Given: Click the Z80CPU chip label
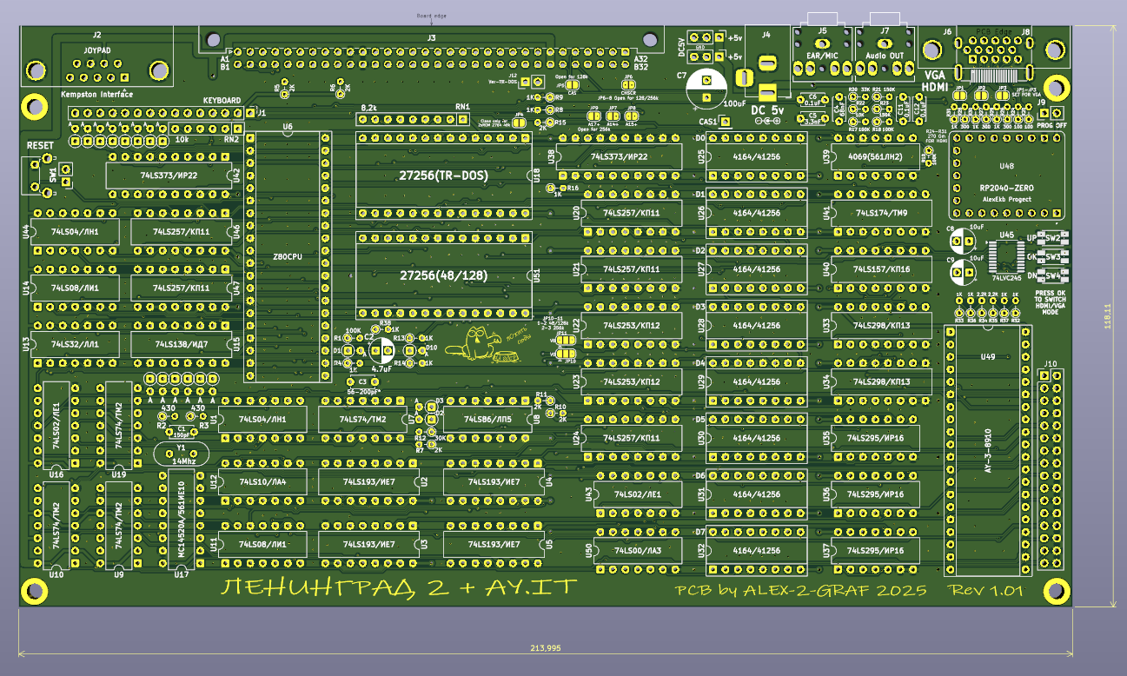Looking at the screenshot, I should point(287,258).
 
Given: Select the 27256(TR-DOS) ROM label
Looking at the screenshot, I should point(443,176).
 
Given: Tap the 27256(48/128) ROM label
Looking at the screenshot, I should point(443,275).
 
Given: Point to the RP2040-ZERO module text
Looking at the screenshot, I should point(1007,188).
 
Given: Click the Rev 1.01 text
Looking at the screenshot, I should point(986,591).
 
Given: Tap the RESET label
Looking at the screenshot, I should point(40,145).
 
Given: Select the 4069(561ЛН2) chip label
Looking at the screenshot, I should point(874,157).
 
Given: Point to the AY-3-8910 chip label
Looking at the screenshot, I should point(988,450).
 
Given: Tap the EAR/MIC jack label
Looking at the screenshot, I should point(821,56).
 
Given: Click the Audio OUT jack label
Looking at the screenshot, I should point(885,56).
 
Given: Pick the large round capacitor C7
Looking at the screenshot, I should point(706,88).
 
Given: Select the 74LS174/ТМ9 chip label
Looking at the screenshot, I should point(882,213).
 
